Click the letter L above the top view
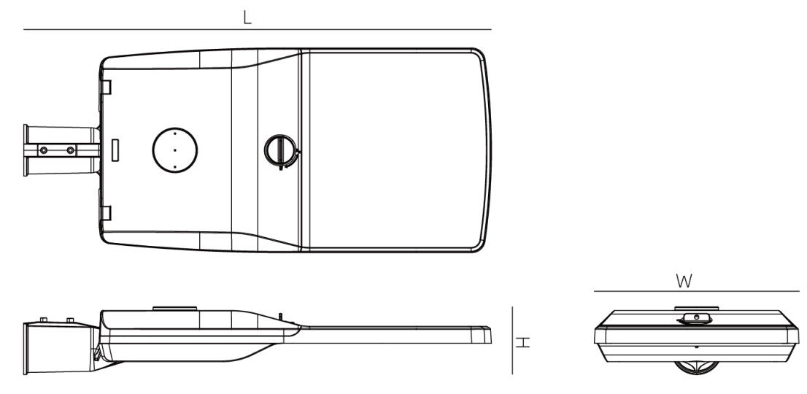click(x=247, y=18)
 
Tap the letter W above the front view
click(x=684, y=281)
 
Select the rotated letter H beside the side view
click(x=523, y=342)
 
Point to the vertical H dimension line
click(x=512, y=340)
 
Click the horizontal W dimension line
click(x=696, y=291)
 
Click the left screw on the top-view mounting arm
click(x=44, y=150)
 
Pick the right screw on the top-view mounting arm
click(x=71, y=150)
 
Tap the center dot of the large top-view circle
click(x=175, y=150)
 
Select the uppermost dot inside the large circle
click(x=175, y=134)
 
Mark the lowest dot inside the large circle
click(x=175, y=167)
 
